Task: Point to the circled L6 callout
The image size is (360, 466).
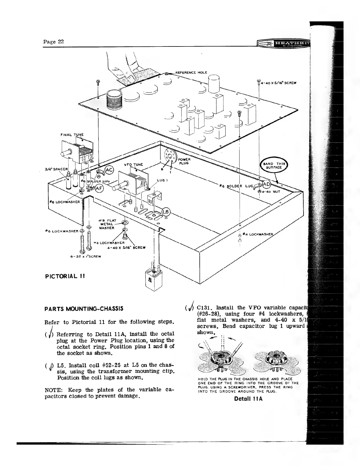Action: click(x=166, y=212)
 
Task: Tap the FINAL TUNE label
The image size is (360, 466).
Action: click(x=72, y=135)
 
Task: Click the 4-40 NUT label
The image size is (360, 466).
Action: click(x=270, y=191)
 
